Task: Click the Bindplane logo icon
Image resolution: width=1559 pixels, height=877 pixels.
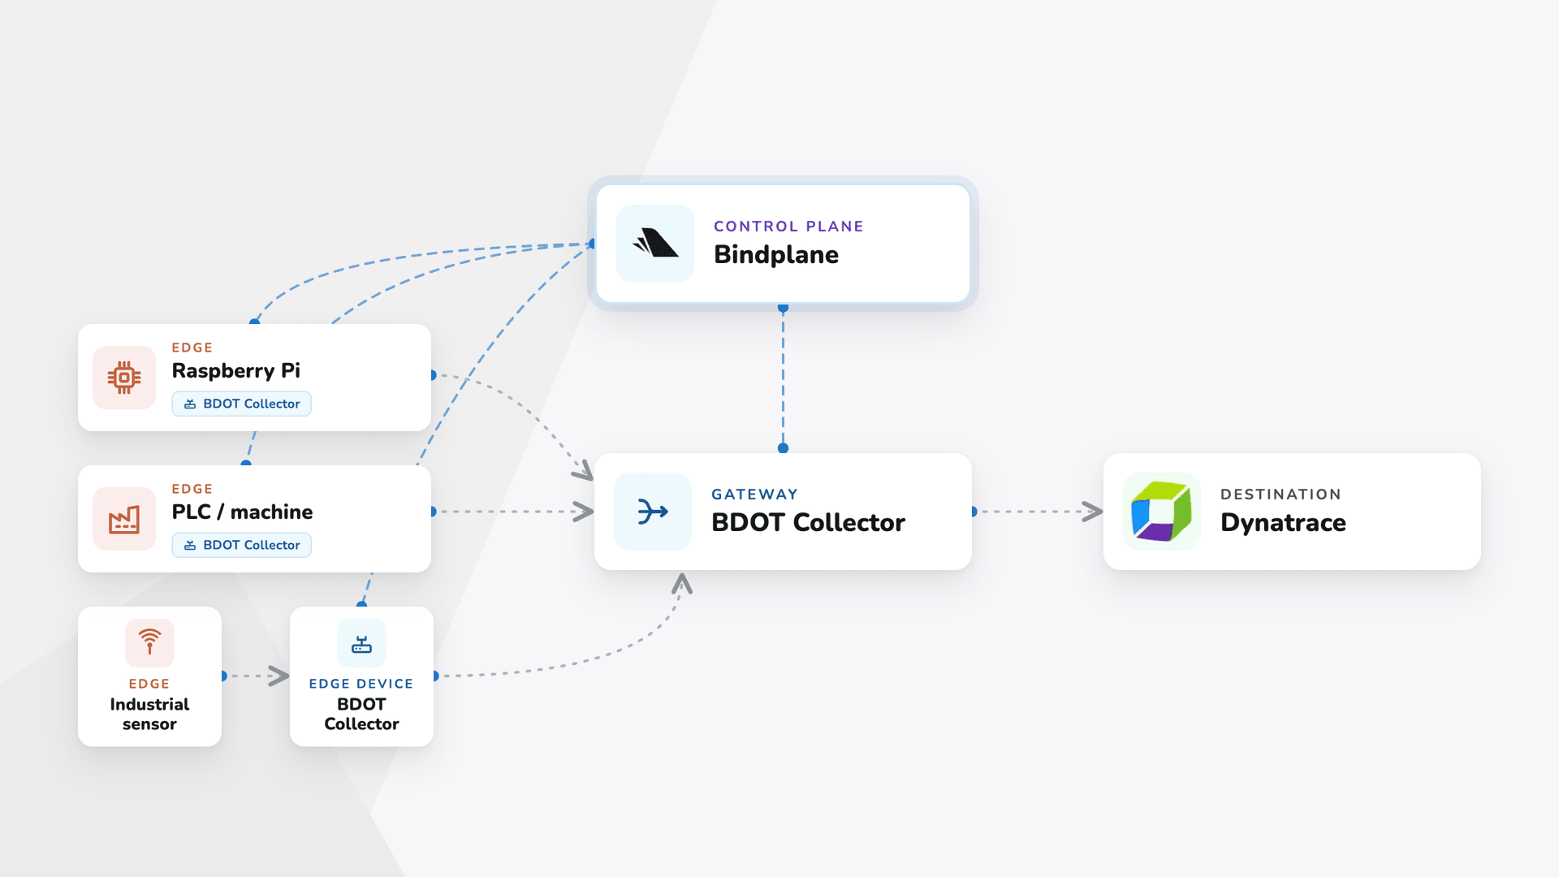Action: [x=655, y=243]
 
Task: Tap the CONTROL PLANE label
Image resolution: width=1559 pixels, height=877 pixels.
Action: [x=788, y=227]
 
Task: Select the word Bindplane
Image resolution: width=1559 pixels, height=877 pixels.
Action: [x=776, y=255]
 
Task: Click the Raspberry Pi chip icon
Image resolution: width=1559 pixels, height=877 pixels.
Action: [x=124, y=378]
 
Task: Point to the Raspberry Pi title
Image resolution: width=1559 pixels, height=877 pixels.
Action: [x=236, y=371]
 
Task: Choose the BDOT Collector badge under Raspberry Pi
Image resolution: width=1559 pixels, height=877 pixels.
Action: [x=242, y=404]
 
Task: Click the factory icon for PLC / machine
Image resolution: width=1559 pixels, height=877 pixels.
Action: [x=124, y=519]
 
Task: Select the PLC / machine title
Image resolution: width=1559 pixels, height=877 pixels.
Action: [x=242, y=512]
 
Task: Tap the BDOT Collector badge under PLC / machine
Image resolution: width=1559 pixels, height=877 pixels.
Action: [x=242, y=545]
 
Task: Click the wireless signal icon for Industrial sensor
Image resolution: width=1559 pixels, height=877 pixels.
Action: [x=149, y=642]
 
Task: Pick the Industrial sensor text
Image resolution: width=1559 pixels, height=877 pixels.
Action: [x=149, y=714]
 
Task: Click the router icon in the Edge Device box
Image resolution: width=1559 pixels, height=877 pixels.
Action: [x=361, y=644]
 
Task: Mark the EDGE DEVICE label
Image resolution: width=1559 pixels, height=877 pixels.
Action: [x=361, y=684]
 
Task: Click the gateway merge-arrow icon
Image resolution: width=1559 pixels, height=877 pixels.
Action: [x=653, y=512]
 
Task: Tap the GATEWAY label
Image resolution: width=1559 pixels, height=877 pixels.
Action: [x=755, y=495]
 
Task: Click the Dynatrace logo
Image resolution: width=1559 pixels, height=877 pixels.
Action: [x=1161, y=512]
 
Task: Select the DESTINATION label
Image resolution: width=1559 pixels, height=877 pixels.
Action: [x=1280, y=495]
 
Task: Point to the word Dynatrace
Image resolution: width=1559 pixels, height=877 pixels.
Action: [x=1283, y=523]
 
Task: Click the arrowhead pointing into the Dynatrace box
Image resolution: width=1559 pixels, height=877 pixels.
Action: [x=1093, y=512]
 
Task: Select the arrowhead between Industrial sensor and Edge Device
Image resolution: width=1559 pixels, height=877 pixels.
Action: [x=279, y=676]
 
